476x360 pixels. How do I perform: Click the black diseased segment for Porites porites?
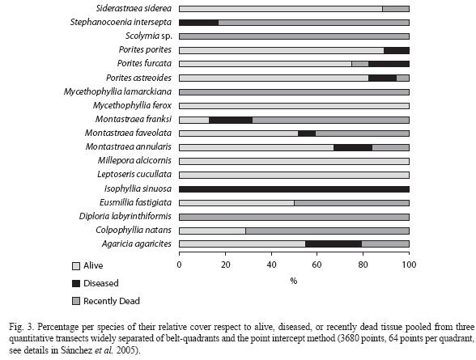pyautogui.click(x=397, y=50)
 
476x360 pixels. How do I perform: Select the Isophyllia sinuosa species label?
pyautogui.click(x=138, y=188)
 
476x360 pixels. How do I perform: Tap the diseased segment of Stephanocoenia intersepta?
pyautogui.click(x=199, y=23)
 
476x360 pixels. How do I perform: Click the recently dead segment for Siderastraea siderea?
pyautogui.click(x=396, y=9)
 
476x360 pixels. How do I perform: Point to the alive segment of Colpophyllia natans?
pyautogui.click(x=212, y=231)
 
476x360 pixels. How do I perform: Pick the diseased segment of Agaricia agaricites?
pyautogui.click(x=334, y=244)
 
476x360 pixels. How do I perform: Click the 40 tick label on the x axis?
pyautogui.click(x=271, y=265)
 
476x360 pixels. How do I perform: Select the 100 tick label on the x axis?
pyautogui.click(x=410, y=265)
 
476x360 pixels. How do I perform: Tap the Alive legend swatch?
pyautogui.click(x=76, y=266)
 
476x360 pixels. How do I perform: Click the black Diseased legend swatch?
pyautogui.click(x=76, y=284)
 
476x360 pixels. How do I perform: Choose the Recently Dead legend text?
pyautogui.click(x=112, y=301)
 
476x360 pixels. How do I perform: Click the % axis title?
pyautogui.click(x=293, y=281)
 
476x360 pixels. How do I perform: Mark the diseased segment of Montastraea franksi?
pyautogui.click(x=231, y=120)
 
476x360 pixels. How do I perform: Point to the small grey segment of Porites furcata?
pyautogui.click(x=360, y=64)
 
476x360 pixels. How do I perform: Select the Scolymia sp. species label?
pyautogui.click(x=149, y=36)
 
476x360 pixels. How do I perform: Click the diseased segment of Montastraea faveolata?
pyautogui.click(x=307, y=133)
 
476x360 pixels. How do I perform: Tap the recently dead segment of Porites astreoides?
pyautogui.click(x=403, y=78)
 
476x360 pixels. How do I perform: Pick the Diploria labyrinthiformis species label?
pyautogui.click(x=125, y=216)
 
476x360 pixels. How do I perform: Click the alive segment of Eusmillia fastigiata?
pyautogui.click(x=236, y=203)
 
